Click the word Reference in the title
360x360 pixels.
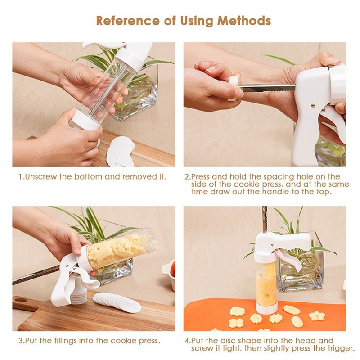(127, 21)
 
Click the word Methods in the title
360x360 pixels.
(244, 21)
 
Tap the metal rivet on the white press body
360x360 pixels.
(313, 105)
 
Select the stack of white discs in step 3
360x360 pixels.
(117, 302)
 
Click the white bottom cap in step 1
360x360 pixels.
(85, 120)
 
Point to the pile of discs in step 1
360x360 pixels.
(120, 152)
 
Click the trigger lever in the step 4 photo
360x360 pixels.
(289, 259)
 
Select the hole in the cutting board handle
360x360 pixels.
(21, 300)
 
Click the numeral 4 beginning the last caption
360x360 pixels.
(187, 341)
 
